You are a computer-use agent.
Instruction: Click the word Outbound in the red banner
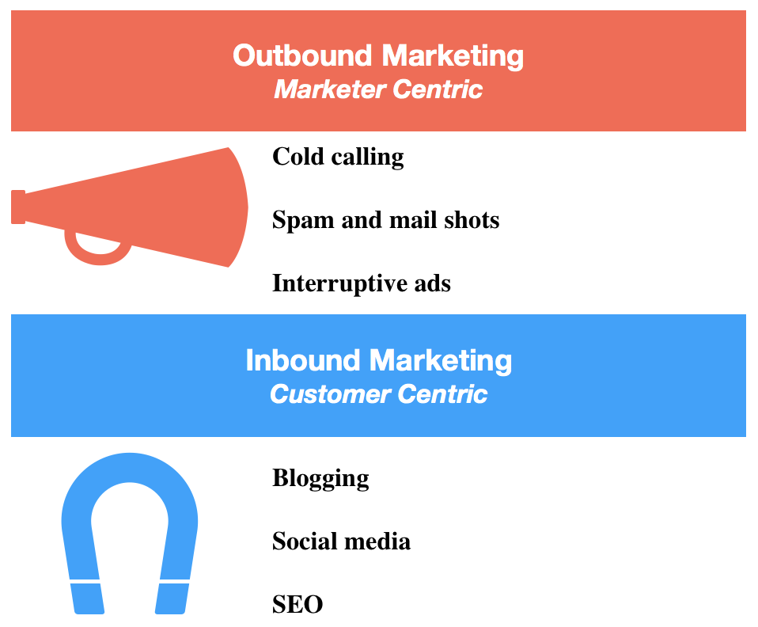click(x=302, y=55)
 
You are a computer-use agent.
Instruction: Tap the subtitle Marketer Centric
click(x=378, y=89)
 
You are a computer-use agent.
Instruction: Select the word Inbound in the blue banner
click(x=302, y=360)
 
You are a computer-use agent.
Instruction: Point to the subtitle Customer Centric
click(x=378, y=393)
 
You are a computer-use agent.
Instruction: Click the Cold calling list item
click(x=338, y=157)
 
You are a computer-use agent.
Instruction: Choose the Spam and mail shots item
click(x=386, y=220)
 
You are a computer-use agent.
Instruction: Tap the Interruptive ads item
click(x=362, y=283)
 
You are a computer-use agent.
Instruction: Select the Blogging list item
click(x=320, y=478)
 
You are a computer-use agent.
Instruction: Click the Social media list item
click(x=341, y=541)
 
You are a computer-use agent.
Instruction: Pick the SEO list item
click(x=298, y=604)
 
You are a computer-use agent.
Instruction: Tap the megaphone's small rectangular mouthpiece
click(x=18, y=207)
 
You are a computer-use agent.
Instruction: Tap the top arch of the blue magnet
click(x=130, y=467)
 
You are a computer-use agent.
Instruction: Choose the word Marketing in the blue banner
click(x=441, y=362)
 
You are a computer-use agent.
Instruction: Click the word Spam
click(x=303, y=221)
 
